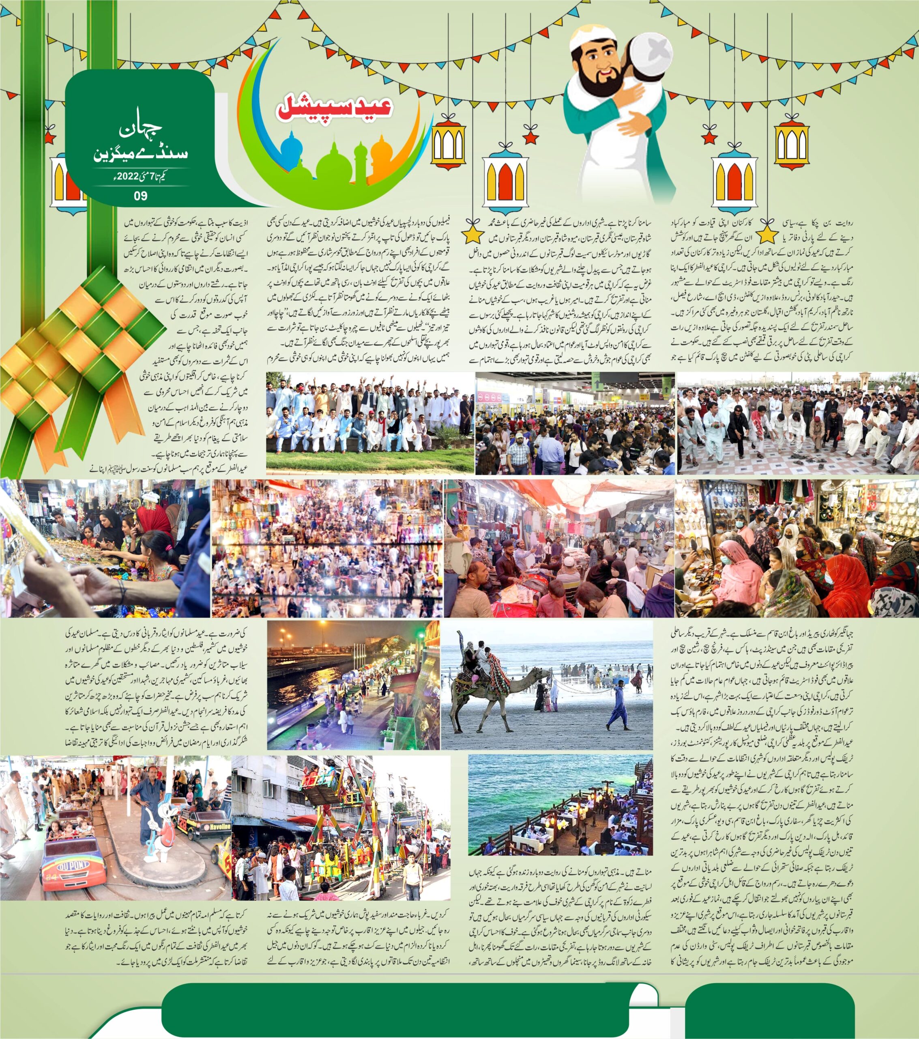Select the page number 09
140,196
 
